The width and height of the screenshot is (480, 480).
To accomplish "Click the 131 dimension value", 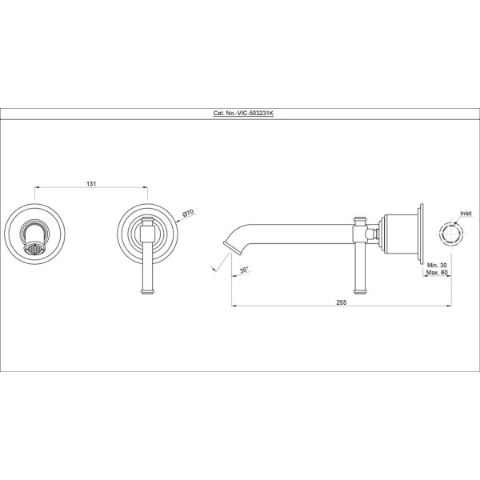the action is [x=91, y=184].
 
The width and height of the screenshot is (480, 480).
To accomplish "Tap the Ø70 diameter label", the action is [x=188, y=213].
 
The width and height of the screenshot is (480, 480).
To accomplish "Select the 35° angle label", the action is [x=244, y=270].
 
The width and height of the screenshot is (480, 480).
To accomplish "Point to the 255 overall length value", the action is [x=342, y=302].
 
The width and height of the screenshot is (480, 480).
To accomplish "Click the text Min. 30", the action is [x=437, y=266].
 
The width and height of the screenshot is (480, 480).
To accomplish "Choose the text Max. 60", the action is [x=437, y=273].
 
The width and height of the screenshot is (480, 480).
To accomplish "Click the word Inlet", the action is [x=466, y=214].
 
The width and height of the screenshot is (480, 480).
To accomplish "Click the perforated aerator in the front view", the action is [x=34, y=248].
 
